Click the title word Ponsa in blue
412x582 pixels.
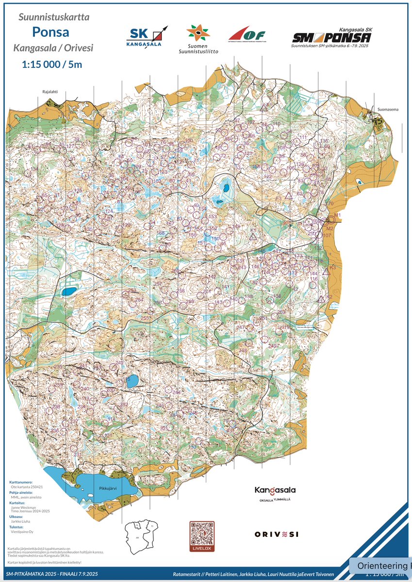coord(50,32)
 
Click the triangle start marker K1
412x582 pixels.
coord(253,238)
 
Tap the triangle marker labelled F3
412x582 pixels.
coord(288,196)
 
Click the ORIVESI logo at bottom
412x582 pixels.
coord(276,534)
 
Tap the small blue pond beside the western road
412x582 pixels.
coord(68,291)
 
